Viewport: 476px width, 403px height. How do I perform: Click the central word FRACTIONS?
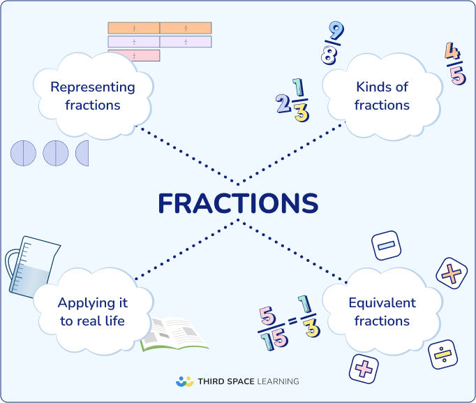[x=237, y=203]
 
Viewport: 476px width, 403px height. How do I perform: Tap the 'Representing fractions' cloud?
[x=92, y=96]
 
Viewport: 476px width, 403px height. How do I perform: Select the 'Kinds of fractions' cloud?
[x=382, y=96]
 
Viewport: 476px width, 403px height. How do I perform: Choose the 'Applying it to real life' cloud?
[x=92, y=312]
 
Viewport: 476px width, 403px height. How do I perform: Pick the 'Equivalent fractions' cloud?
[x=382, y=312]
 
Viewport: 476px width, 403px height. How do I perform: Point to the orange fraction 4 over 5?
[x=454, y=64]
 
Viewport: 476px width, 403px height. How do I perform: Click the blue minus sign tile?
[x=386, y=246]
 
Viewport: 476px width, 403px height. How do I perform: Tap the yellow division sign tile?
[x=442, y=356]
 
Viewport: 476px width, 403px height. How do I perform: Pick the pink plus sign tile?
[x=363, y=368]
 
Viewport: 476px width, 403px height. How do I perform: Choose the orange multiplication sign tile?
[x=451, y=274]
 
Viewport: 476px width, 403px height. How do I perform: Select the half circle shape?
[x=83, y=153]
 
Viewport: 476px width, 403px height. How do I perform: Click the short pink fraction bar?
[x=133, y=55]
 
